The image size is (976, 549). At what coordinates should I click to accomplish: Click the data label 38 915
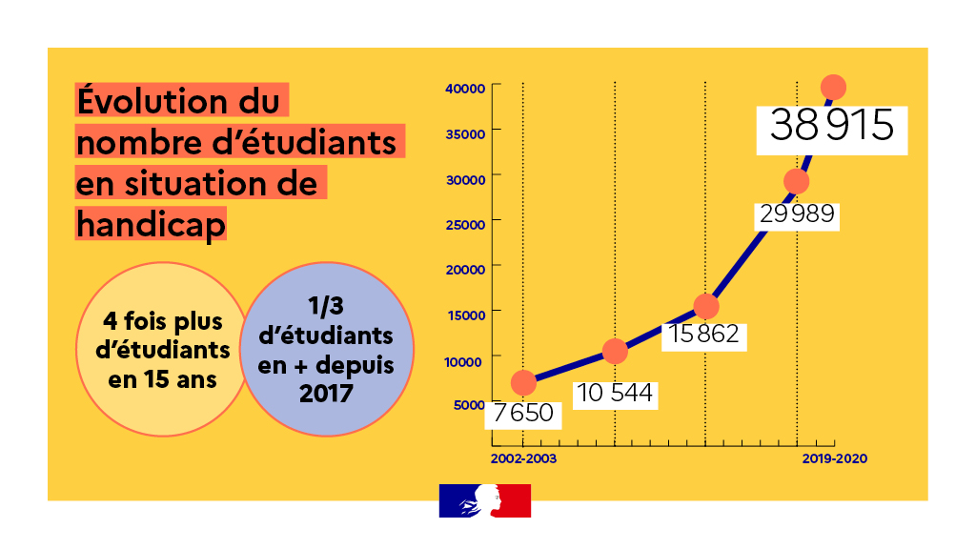(x=831, y=126)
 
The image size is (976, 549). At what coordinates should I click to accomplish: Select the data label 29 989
(x=797, y=214)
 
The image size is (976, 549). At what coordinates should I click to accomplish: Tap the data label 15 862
(x=703, y=335)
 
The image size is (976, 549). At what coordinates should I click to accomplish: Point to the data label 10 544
(x=615, y=393)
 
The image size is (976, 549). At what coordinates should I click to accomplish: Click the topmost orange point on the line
(x=833, y=87)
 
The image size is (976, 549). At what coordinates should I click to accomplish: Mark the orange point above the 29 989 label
(x=797, y=181)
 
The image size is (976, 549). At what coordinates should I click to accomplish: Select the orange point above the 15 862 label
(x=705, y=306)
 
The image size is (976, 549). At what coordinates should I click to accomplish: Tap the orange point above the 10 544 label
(x=615, y=352)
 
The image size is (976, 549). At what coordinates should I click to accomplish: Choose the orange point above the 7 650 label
(x=523, y=382)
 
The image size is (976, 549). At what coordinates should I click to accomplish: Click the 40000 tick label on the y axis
(x=466, y=88)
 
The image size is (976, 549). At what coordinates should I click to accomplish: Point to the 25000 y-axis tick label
(x=466, y=223)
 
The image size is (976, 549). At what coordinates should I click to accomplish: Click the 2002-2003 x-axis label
(x=523, y=458)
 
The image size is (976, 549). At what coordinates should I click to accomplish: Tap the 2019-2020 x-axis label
(x=834, y=458)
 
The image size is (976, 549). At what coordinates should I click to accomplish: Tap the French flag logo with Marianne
(x=484, y=500)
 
